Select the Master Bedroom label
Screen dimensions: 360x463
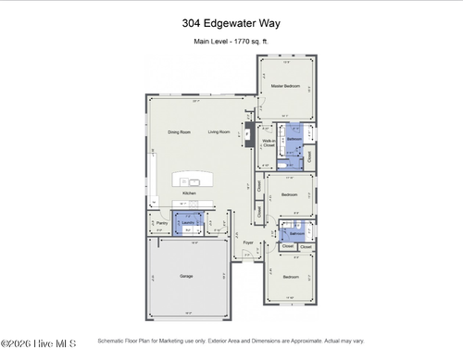pos(285,86)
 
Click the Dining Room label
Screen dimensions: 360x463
pos(180,132)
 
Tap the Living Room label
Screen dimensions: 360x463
pos(219,132)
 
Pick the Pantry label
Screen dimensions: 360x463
pos(161,223)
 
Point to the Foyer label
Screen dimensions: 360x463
pos(248,242)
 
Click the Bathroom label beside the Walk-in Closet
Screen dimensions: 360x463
pos(294,139)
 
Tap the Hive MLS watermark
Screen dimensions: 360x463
pos(27,345)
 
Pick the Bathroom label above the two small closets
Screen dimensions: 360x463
pos(296,234)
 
